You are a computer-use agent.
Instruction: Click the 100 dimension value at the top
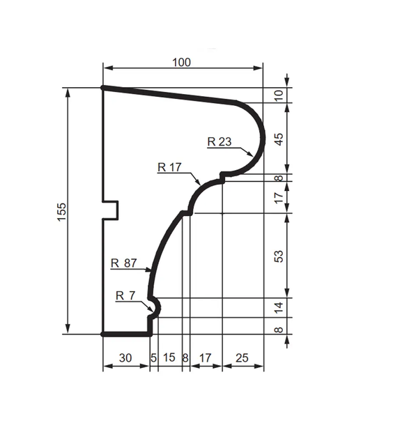[181, 62]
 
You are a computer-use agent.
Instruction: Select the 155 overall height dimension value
[61, 212]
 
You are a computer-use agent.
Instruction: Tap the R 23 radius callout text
[220, 142]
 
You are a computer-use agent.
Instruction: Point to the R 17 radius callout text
[169, 167]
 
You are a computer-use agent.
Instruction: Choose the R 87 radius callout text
[124, 263]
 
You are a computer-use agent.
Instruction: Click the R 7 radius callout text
[125, 295]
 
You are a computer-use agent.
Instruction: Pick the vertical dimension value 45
[279, 139]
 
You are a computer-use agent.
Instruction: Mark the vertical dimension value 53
[279, 256]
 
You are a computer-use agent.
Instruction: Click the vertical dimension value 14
[279, 307]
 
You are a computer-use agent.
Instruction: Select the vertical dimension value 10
[279, 95]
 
